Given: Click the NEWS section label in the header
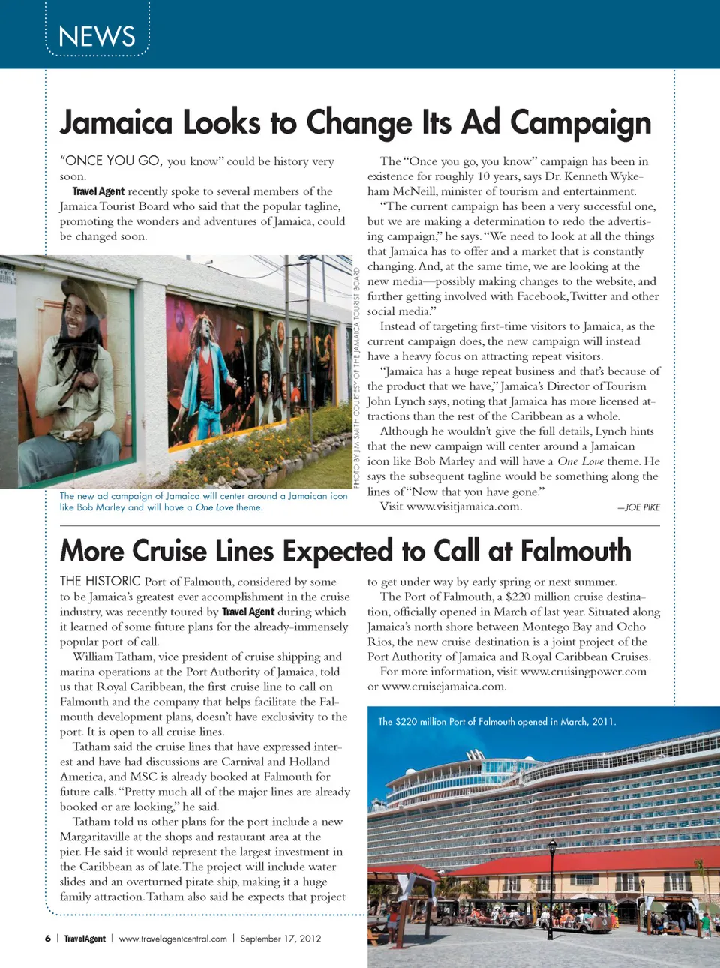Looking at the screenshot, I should (x=97, y=36).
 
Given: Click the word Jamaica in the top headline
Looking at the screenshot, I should (x=116, y=123).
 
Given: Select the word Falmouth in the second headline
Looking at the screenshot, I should (x=575, y=551).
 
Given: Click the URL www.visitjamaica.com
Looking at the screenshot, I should (x=463, y=507).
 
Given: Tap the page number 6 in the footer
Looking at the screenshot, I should (x=48, y=939).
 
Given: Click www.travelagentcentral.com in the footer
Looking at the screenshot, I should (x=172, y=939).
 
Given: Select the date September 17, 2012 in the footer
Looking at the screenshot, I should (x=280, y=939).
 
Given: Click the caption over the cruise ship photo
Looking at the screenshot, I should (x=496, y=722).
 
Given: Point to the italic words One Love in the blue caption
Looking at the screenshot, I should (x=214, y=508).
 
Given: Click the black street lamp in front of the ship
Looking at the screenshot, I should (x=552, y=885).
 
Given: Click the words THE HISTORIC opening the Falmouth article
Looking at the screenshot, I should (x=100, y=581).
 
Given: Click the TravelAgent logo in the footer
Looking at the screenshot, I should (x=85, y=939).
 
